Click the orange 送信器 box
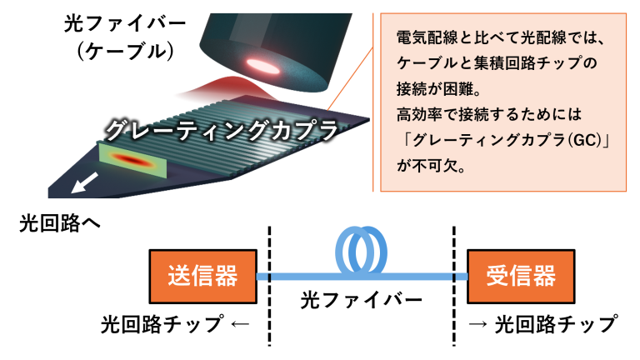coord(202,277)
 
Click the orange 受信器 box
coord(521,277)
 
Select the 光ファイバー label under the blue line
coord(361,301)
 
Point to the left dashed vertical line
coord(269,286)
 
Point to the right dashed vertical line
coord(454,286)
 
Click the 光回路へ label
coord(60,223)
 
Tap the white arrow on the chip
coord(84,182)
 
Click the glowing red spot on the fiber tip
coord(263,65)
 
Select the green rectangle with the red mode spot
coord(133,160)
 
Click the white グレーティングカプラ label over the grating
coord(222,130)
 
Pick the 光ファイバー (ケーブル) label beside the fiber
coord(124,37)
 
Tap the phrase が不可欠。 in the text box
coord(431,166)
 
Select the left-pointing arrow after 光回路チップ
coord(240,324)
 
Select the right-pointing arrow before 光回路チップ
coord(477,324)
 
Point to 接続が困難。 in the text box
coord(439,88)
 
